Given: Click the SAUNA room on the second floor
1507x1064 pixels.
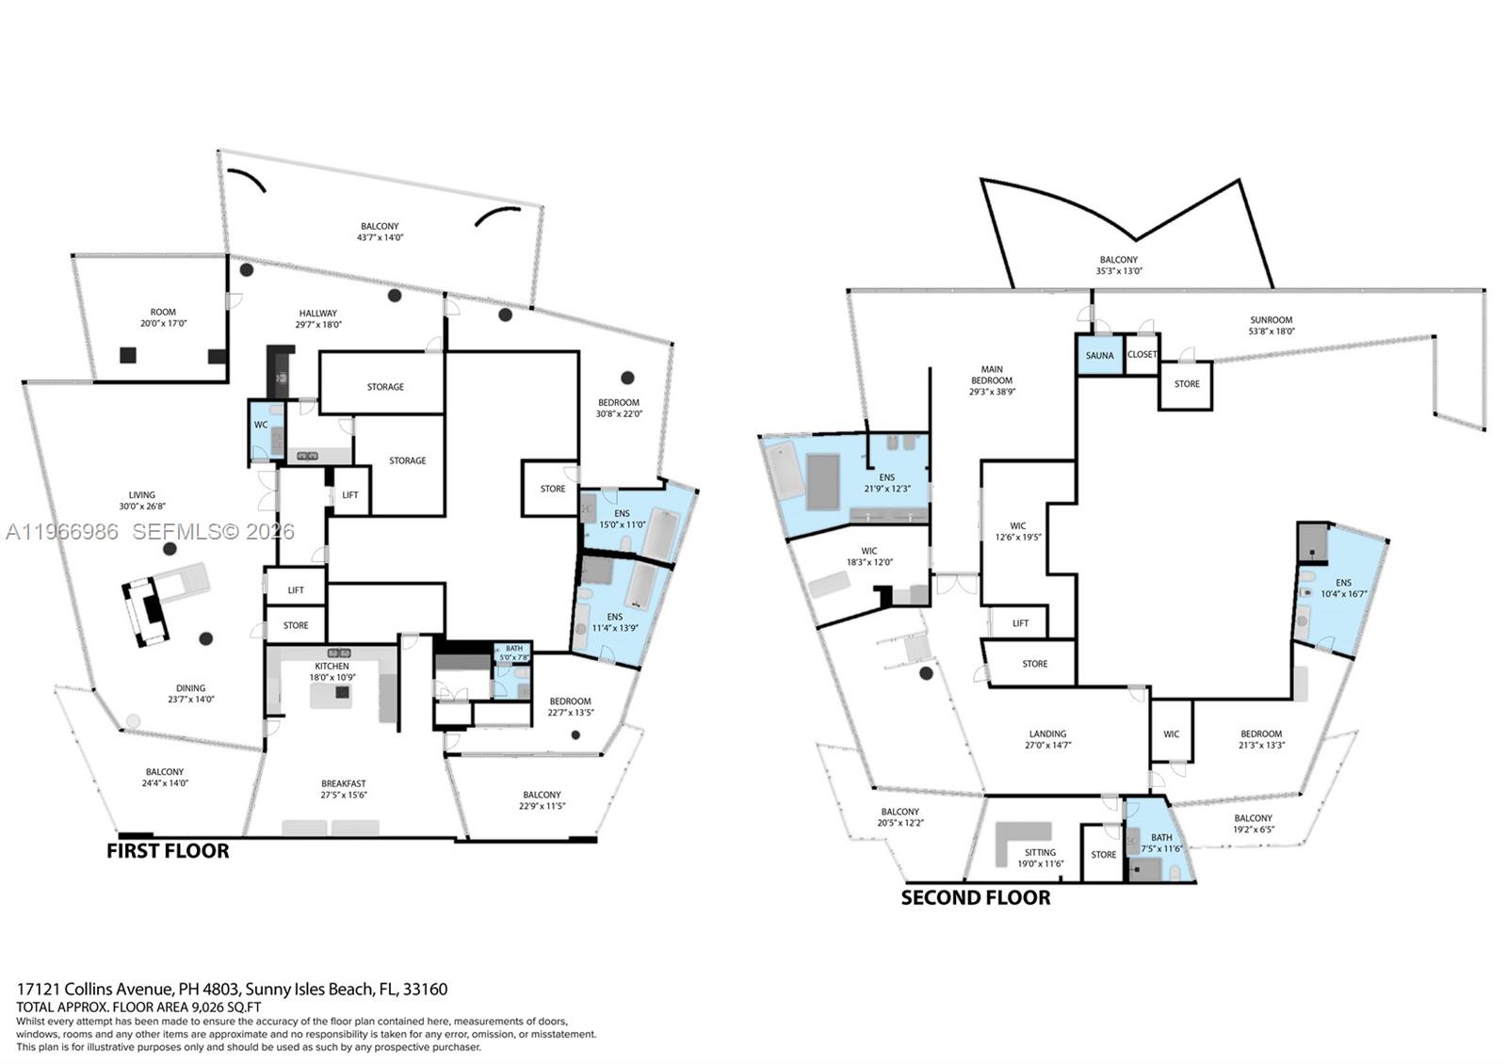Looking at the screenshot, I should (1099, 355).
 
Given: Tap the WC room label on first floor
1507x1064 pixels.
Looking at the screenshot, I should (261, 425).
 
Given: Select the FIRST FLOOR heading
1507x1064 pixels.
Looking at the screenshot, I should (168, 851).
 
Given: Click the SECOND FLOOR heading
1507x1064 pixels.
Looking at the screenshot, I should (975, 897).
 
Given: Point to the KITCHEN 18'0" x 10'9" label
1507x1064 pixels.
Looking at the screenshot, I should (332, 671).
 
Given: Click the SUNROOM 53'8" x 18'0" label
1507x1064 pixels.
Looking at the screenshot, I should (1271, 325).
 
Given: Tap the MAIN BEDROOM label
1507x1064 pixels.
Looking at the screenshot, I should (992, 380).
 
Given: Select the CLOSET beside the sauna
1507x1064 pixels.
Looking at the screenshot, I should (1142, 355).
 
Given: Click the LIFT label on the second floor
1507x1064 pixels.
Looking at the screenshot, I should (1020, 623).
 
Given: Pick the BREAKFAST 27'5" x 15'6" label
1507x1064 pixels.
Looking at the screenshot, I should (343, 789).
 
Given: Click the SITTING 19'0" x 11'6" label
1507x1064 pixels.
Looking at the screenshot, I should (1040, 858).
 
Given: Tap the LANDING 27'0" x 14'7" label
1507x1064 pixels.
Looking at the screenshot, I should (1047, 739).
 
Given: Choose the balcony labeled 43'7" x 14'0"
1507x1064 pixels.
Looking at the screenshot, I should (380, 232).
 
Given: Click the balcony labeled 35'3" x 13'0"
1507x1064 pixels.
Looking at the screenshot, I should (1119, 265).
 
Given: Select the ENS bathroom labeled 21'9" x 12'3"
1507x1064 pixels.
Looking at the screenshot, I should (886, 483).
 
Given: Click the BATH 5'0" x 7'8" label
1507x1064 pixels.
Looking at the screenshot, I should (514, 653).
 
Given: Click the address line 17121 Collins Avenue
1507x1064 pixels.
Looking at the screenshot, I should (232, 990).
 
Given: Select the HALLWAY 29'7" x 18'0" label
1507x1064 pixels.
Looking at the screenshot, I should (318, 318).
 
